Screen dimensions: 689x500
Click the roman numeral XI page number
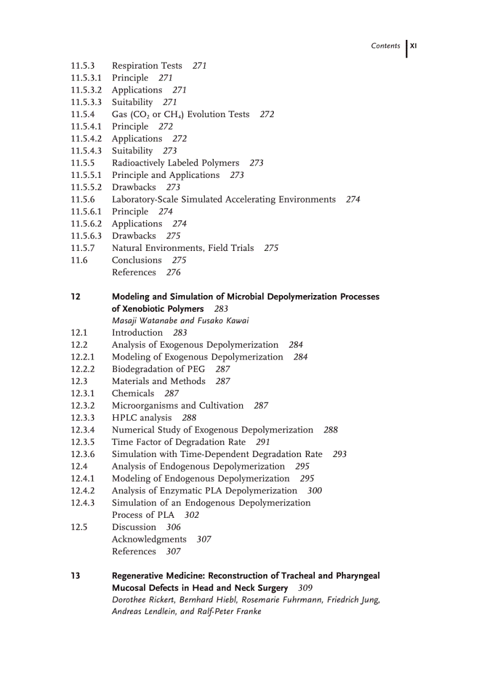414,45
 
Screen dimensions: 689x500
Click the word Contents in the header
385,46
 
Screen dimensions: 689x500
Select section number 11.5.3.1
86,78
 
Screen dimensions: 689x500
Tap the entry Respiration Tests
147,66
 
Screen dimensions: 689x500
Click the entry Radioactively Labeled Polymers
175,163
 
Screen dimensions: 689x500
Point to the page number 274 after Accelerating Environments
353,199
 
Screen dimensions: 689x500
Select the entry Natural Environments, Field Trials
183,248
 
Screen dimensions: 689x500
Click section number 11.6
79,260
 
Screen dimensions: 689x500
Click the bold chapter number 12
75,296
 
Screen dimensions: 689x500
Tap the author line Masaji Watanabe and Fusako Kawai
180,320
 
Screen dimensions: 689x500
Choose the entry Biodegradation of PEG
158,369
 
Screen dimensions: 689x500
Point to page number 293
339,454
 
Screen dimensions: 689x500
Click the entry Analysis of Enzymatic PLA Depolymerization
204,490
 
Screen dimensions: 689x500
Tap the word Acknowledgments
149,539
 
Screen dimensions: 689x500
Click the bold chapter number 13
75,575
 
